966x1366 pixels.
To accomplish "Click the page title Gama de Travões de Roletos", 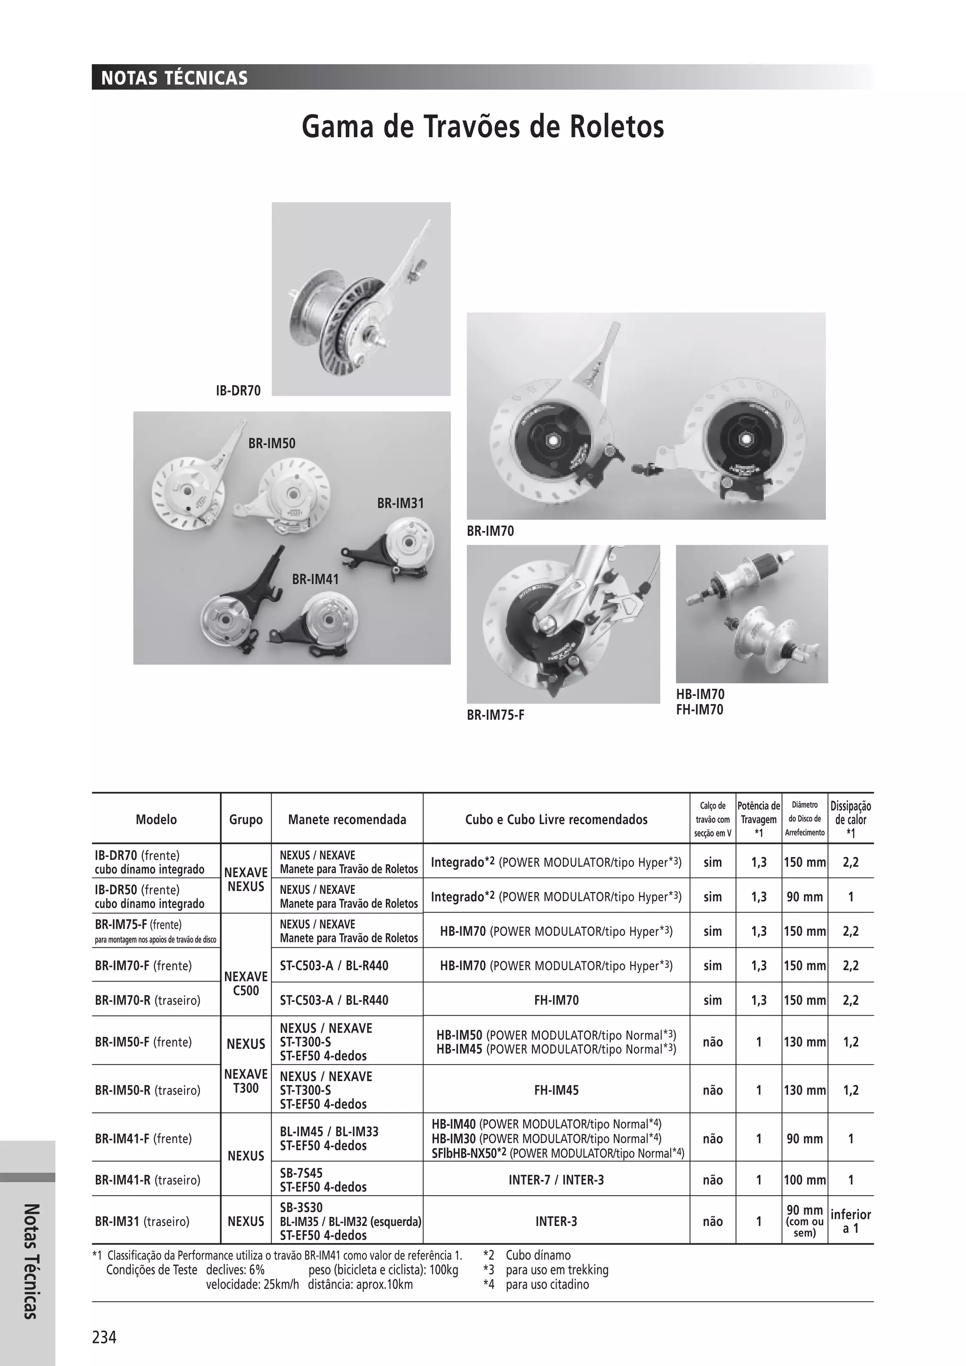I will (x=483, y=127).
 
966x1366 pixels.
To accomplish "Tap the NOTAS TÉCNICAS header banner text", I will (x=174, y=78).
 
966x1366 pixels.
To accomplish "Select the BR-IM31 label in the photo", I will (x=400, y=503).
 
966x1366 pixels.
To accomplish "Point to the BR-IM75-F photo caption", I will (x=495, y=715).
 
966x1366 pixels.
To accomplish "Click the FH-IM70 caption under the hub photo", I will (x=700, y=710).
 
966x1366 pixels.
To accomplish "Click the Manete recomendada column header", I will (x=347, y=819).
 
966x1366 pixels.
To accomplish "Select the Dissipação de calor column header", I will (x=850, y=819).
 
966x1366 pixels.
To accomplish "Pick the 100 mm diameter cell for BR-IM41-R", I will (x=805, y=1179).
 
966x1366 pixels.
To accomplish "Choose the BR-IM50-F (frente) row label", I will (x=143, y=1042).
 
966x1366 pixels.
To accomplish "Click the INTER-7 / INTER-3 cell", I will (x=556, y=1179).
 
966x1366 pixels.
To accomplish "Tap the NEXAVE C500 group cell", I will (x=246, y=983).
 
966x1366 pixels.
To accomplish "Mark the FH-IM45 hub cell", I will (x=556, y=1090).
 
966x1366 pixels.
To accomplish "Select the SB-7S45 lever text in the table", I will (x=301, y=1173).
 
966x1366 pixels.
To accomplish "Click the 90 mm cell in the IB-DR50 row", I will (x=805, y=897).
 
